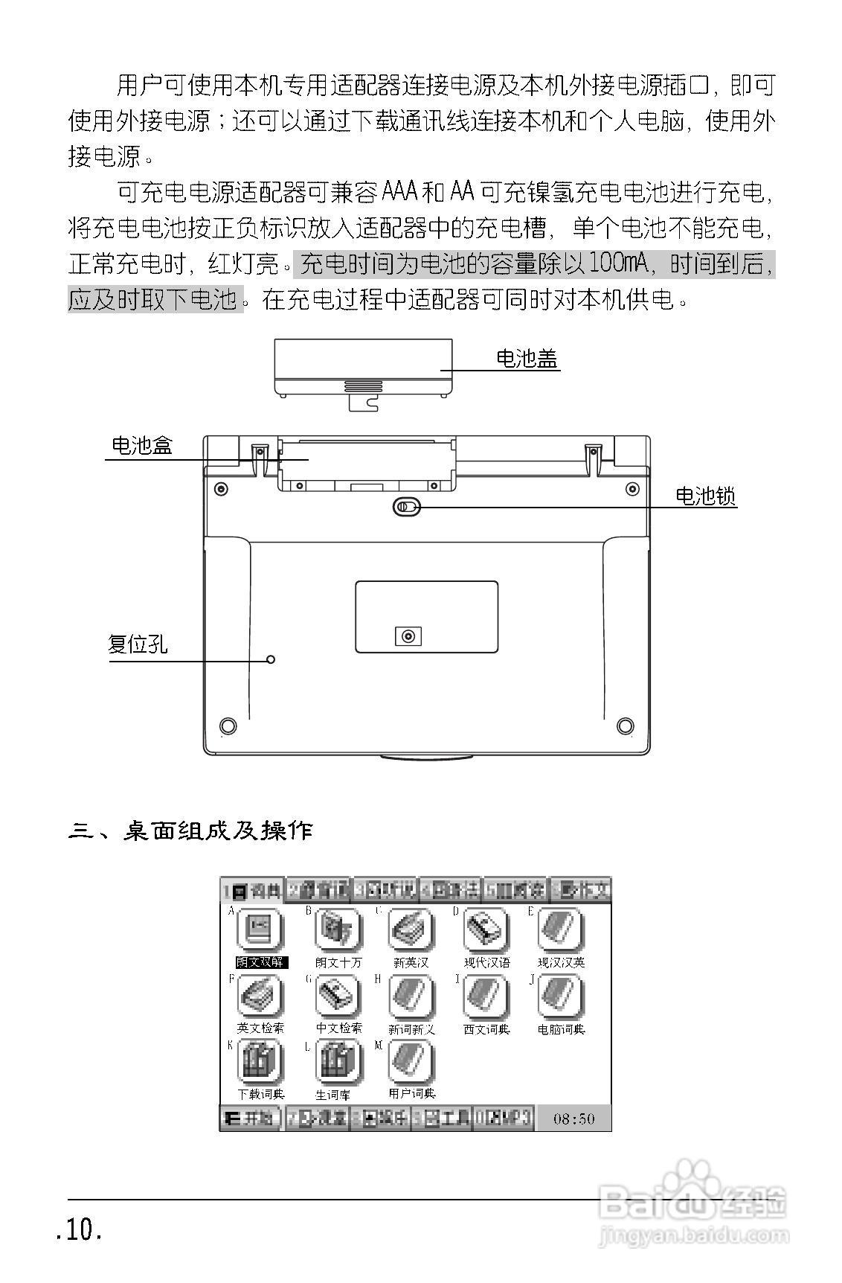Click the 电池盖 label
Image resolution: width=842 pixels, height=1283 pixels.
pos(527,359)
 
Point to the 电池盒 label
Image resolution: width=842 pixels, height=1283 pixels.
pos(142,445)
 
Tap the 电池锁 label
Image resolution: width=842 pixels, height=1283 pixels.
pos(705,496)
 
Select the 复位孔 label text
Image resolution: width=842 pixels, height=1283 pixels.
pos(138,644)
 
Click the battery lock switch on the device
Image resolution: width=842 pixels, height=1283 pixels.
pos(407,507)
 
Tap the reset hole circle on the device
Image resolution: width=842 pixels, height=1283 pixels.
pos(271,659)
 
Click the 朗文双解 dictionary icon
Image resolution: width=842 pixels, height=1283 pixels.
pos(260,930)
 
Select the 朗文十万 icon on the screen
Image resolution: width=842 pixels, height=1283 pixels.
pos(338,930)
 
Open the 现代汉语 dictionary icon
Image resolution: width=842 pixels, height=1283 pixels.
pos(487,930)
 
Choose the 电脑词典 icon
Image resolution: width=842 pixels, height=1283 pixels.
pos(561,997)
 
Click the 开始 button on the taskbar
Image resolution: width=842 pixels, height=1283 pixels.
pos(251,1119)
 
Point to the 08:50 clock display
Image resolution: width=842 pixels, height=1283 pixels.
pos(574,1119)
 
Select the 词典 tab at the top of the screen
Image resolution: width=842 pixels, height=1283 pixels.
pos(253,890)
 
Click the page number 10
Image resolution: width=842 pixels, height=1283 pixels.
pos(79,1232)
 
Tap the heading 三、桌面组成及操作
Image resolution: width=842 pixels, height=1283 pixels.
pos(190,831)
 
